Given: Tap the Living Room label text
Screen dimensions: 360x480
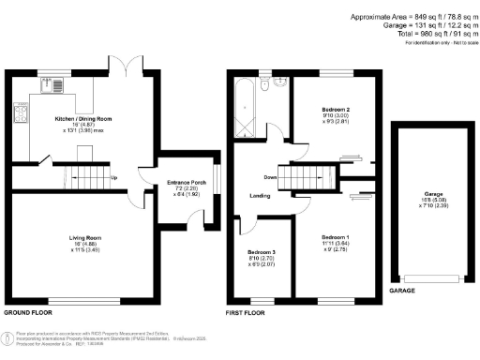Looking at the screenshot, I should (84, 238).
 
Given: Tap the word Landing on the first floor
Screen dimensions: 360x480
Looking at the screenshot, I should (262, 197).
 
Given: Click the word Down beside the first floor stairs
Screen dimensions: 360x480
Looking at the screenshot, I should (271, 176).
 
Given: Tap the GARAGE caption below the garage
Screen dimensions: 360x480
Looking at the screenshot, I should (401, 292).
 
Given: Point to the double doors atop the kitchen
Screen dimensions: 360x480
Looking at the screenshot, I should (131, 66).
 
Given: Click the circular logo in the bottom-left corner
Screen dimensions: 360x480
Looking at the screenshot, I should (7, 338).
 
